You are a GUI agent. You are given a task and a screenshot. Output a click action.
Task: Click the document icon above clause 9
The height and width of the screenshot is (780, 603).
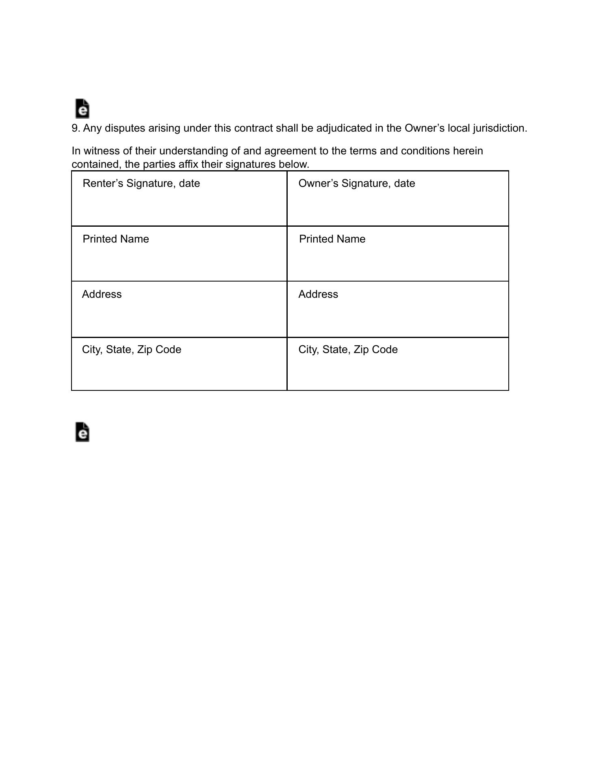click(x=82, y=108)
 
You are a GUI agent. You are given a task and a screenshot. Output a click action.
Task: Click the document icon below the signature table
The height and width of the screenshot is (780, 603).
click(x=82, y=432)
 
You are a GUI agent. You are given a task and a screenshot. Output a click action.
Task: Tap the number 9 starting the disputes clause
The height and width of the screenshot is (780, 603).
click(x=75, y=128)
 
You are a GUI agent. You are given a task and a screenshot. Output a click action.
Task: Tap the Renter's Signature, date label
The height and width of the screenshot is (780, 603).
click(x=141, y=184)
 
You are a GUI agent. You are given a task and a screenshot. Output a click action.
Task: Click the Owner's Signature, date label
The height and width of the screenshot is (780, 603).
click(x=356, y=184)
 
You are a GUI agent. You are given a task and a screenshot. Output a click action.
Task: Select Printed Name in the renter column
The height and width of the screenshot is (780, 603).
click(x=116, y=239)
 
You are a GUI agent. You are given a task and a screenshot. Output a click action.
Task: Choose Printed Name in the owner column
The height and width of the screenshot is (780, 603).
click(x=332, y=239)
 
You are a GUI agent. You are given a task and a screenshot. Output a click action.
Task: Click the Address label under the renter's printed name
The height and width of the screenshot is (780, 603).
click(x=102, y=295)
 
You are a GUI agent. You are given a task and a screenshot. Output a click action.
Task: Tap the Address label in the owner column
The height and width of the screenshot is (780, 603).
click(x=318, y=295)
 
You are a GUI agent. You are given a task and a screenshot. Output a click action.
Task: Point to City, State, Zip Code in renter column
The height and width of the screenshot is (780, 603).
click(x=131, y=350)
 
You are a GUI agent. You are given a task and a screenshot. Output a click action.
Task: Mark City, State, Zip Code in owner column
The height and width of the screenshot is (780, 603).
click(x=348, y=350)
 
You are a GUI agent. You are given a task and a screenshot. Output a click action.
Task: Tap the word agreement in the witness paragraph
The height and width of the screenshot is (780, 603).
click(x=290, y=151)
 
